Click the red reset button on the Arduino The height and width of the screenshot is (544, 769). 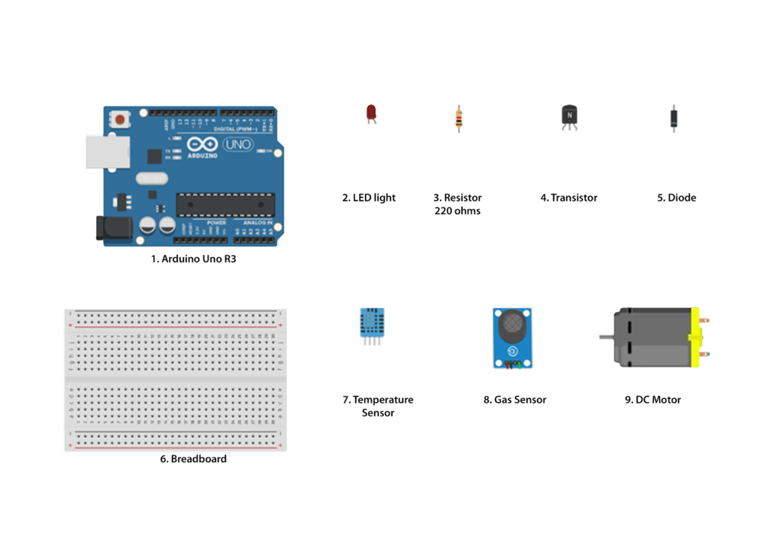(x=119, y=119)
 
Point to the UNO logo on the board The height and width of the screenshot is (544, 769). (x=238, y=144)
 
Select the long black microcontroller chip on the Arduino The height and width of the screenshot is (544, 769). (x=225, y=204)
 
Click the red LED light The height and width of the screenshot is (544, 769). (x=371, y=113)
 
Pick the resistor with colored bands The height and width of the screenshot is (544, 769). (x=458, y=118)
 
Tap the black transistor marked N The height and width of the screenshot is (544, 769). (x=569, y=116)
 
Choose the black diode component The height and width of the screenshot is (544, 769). (x=674, y=118)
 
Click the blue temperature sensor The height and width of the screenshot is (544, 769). (x=371, y=322)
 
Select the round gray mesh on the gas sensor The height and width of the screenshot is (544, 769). (x=512, y=324)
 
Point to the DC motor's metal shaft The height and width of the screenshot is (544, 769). (x=607, y=337)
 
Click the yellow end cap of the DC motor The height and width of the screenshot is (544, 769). (x=695, y=337)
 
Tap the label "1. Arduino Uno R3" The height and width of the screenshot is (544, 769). (x=198, y=259)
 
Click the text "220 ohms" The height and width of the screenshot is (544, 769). (x=457, y=211)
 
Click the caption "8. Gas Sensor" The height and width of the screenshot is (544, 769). (x=514, y=400)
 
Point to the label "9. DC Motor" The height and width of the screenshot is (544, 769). (x=653, y=400)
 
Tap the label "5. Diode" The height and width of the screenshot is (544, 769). (x=677, y=198)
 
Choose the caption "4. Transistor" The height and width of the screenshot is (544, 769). (x=568, y=198)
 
